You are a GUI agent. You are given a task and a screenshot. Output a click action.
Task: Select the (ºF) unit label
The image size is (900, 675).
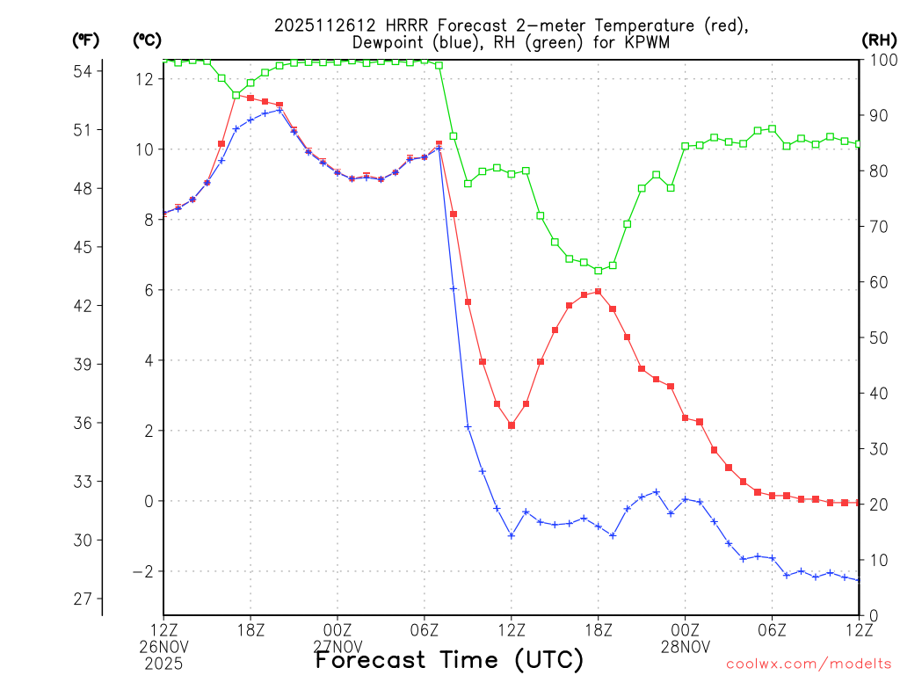pos(86,40)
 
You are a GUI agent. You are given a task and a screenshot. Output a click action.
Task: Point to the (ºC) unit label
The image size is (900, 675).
pos(147,40)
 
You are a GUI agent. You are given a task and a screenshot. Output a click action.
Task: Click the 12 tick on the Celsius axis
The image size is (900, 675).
pos(145,79)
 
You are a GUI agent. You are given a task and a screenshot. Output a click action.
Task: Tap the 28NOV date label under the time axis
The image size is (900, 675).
pos(686,648)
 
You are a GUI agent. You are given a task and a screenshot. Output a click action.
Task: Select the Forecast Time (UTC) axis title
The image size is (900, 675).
pos(449,659)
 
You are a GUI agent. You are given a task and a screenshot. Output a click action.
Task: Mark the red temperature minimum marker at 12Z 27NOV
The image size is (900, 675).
pos(512,425)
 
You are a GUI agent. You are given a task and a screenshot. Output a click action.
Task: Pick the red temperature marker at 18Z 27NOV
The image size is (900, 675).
pos(599,292)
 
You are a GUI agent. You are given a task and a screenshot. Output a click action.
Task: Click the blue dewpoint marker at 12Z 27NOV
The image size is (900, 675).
pos(512,535)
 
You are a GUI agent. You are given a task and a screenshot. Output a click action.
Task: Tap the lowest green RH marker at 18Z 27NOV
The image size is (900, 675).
pos(599,270)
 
